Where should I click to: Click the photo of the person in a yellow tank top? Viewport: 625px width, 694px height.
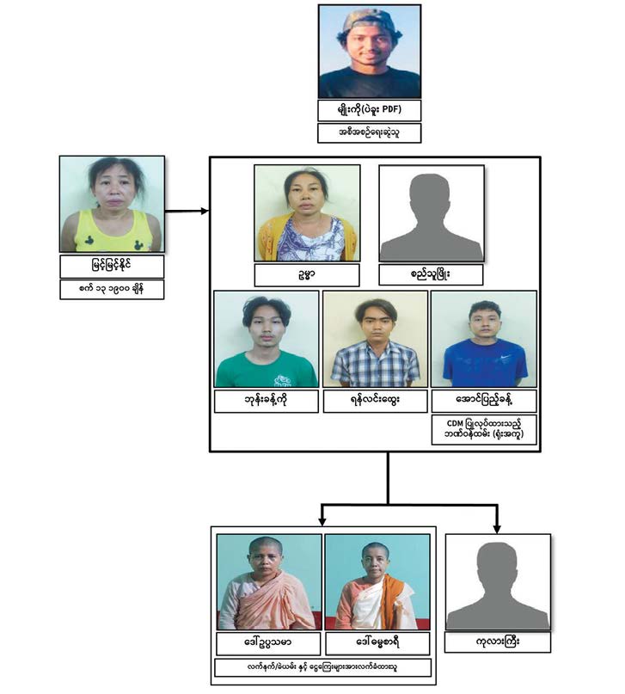[112, 204]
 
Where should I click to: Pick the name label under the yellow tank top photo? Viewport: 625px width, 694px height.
[112, 265]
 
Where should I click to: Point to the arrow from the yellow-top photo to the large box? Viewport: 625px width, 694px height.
[185, 210]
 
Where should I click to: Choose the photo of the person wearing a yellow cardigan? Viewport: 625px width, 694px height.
[307, 213]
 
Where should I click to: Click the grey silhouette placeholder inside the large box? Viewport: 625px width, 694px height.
[431, 213]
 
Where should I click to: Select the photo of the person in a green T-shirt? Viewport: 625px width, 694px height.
[266, 339]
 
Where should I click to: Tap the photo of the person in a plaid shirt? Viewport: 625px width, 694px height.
[375, 339]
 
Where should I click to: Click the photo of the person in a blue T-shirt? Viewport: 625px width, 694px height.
[484, 339]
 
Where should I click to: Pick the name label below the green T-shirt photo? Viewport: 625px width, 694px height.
[266, 401]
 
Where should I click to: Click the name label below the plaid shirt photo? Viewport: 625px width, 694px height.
[375, 401]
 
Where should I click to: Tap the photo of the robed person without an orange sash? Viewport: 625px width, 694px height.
[269, 582]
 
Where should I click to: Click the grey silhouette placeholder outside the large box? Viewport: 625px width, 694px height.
[498, 582]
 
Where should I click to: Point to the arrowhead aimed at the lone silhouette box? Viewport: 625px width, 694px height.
[498, 524]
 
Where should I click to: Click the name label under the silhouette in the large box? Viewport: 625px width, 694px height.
[431, 275]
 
